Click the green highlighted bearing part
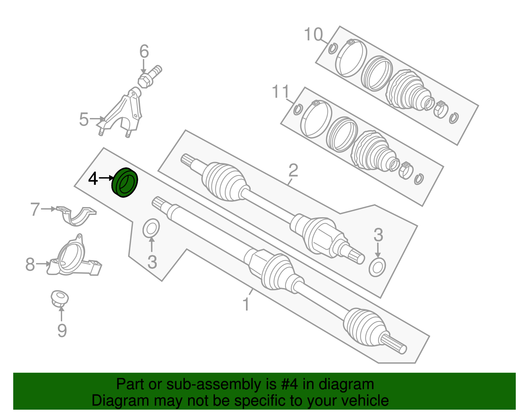point(125,183)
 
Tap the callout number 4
point(93,179)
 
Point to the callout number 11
point(280,92)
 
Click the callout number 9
point(62,330)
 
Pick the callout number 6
point(144,51)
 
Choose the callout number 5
point(84,119)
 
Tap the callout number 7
point(35,209)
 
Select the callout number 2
point(293,170)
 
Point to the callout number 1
point(246,304)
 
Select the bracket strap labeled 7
point(76,216)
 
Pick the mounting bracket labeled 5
point(120,113)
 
